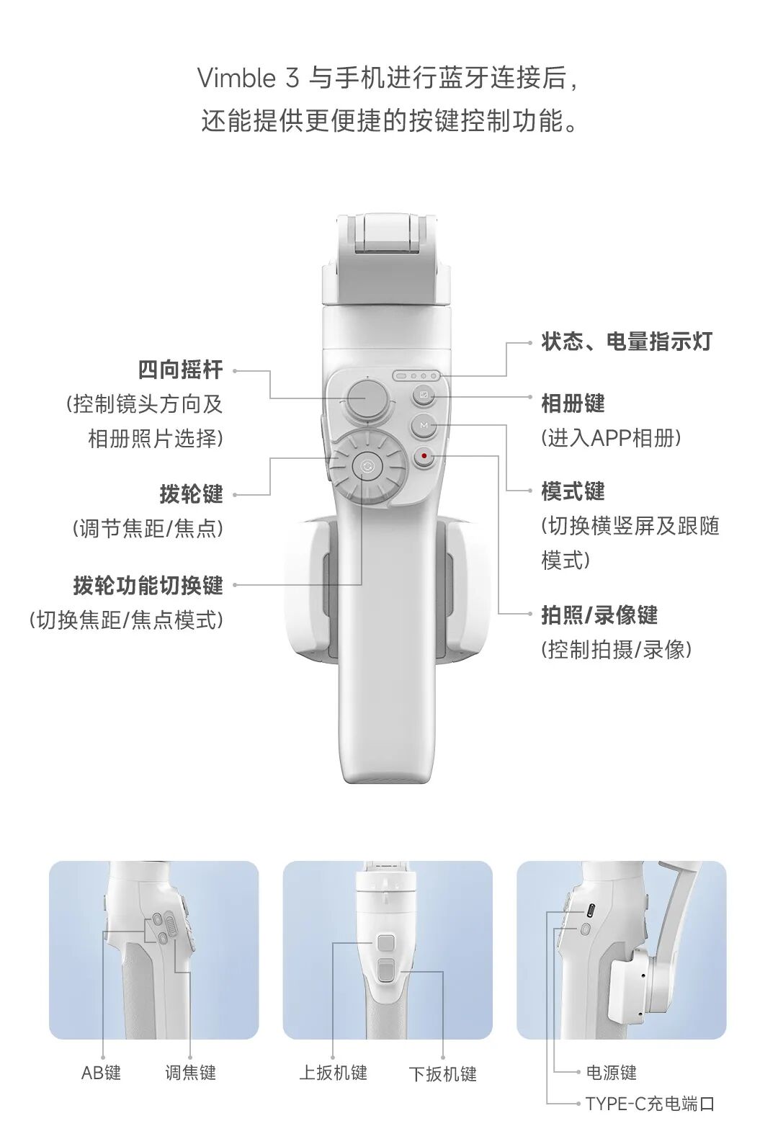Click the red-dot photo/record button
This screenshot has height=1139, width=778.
click(424, 456)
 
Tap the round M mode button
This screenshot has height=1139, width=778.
click(424, 426)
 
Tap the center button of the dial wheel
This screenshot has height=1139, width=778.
click(367, 467)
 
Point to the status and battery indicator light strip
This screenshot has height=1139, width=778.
click(416, 375)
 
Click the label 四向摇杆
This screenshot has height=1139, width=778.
click(180, 370)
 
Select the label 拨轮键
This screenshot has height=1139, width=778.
click(191, 494)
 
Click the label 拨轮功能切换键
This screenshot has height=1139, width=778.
click(148, 585)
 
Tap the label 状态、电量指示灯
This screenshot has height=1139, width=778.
click(626, 341)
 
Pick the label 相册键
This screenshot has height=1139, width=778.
click(573, 403)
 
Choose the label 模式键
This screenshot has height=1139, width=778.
click(573, 491)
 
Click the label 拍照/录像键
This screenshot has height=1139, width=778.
click(599, 615)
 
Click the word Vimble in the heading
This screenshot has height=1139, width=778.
click(236, 78)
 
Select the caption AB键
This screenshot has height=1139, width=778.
click(101, 1073)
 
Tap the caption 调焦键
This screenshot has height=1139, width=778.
click(190, 1073)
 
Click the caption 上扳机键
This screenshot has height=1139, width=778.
click(333, 1073)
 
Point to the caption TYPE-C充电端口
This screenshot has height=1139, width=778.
click(649, 1104)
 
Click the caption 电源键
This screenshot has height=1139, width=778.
click(611, 1073)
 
